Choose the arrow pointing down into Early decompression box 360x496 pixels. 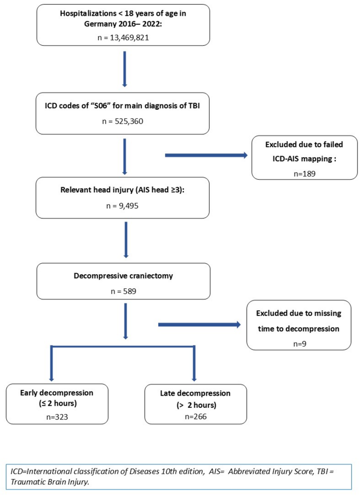[x=52, y=363]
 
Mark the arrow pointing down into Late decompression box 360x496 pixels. [x=194, y=363]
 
